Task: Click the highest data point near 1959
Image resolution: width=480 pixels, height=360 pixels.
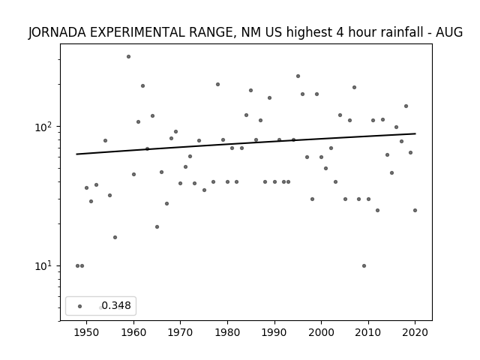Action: pos(128,57)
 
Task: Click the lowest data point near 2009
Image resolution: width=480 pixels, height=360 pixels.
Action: pos(364,265)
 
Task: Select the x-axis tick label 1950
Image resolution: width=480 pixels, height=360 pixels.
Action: pos(86,332)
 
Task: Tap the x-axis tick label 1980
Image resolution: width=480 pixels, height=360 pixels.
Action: pos(227,332)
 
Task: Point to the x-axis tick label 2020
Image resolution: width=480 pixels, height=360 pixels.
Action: pos(415,332)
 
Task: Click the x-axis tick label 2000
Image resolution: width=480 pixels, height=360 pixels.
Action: pos(321,332)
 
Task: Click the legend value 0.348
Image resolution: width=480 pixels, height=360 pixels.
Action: pos(116,305)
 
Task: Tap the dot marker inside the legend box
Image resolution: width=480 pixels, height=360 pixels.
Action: pos(80,306)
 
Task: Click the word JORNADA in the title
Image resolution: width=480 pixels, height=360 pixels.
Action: pos(57,32)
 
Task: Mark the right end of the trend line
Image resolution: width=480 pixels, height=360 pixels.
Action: pos(415,133)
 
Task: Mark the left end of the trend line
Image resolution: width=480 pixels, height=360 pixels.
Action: pos(76,154)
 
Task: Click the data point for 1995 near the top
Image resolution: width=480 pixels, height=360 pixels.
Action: pos(298,76)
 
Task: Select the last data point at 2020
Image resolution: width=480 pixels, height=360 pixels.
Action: pos(415,210)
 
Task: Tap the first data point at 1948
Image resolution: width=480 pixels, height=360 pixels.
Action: pos(77,265)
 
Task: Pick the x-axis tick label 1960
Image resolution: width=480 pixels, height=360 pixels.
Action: pos(133,332)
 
